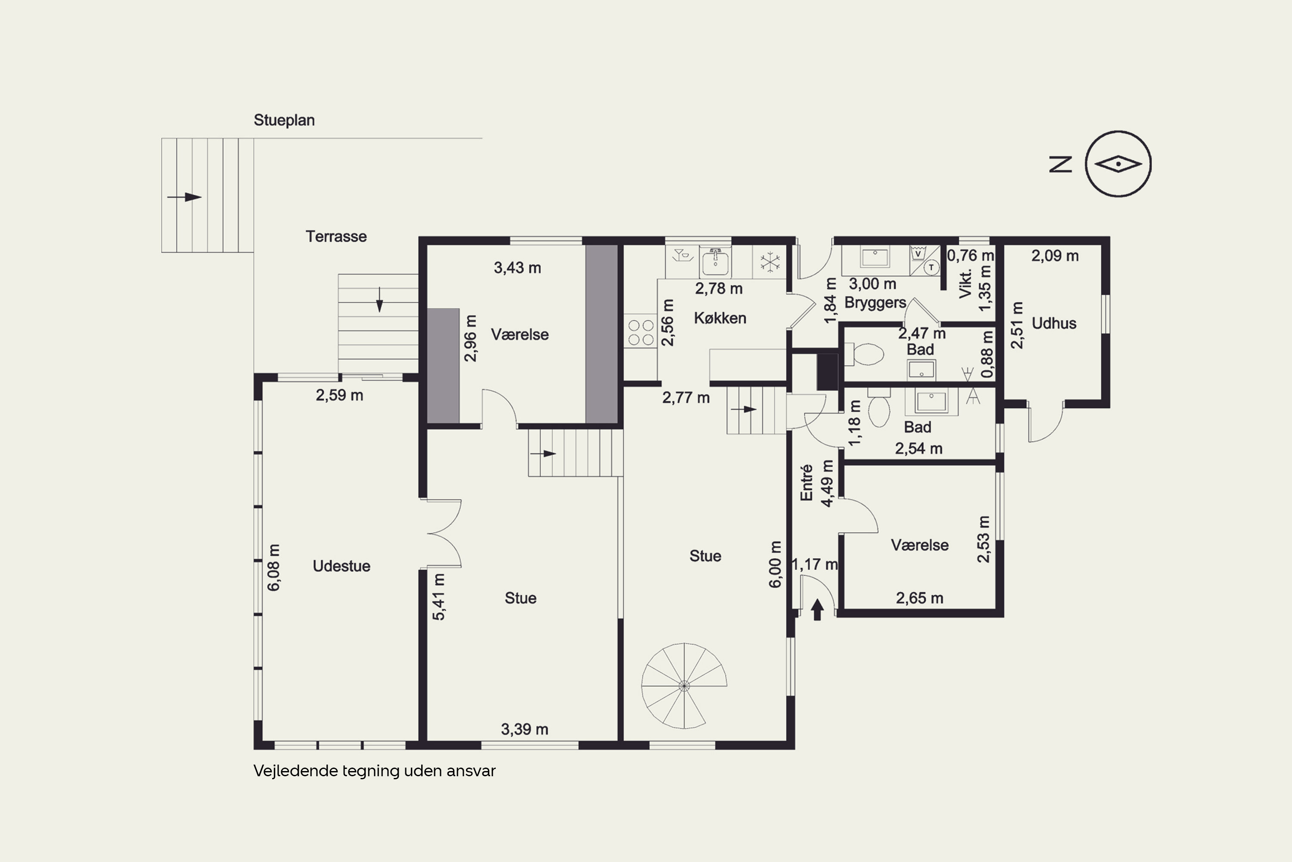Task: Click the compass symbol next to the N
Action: (1118, 164)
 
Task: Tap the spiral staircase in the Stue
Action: (684, 686)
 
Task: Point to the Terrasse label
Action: (336, 236)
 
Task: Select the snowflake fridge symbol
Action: (770, 262)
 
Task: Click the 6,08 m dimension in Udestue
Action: (273, 567)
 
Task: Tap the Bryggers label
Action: (875, 303)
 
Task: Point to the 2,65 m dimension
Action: (919, 598)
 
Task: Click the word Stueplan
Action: (284, 120)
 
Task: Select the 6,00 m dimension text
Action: (774, 564)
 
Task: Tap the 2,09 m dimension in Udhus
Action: (1055, 256)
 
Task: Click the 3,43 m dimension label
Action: (518, 268)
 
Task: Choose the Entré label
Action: (806, 483)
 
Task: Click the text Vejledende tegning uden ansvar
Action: (375, 771)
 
